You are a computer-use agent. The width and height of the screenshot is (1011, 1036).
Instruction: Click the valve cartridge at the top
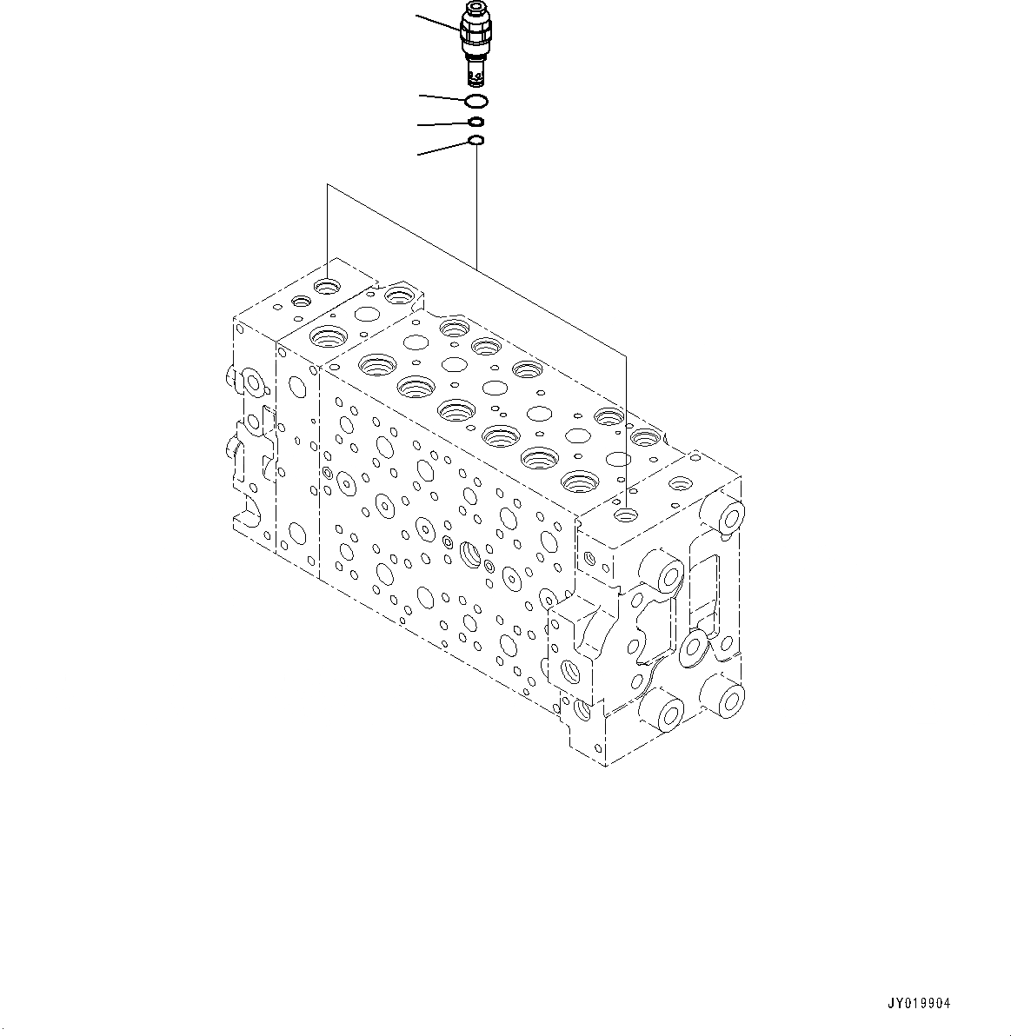[476, 39]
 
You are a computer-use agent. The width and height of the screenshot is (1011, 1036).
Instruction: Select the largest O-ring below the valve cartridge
[476, 101]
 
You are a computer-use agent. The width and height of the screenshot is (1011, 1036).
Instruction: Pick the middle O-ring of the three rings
[476, 123]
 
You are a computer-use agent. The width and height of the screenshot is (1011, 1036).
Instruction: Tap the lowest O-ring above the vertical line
[476, 140]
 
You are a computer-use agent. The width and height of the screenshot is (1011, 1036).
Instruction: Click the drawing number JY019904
[918, 1003]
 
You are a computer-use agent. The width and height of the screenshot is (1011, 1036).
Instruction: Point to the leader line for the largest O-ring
[442, 96]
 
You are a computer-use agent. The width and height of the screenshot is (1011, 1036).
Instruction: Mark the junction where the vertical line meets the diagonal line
[476, 262]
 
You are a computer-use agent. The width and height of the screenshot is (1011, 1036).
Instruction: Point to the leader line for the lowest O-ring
[442, 149]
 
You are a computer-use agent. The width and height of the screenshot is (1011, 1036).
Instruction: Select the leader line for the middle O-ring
[442, 124]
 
